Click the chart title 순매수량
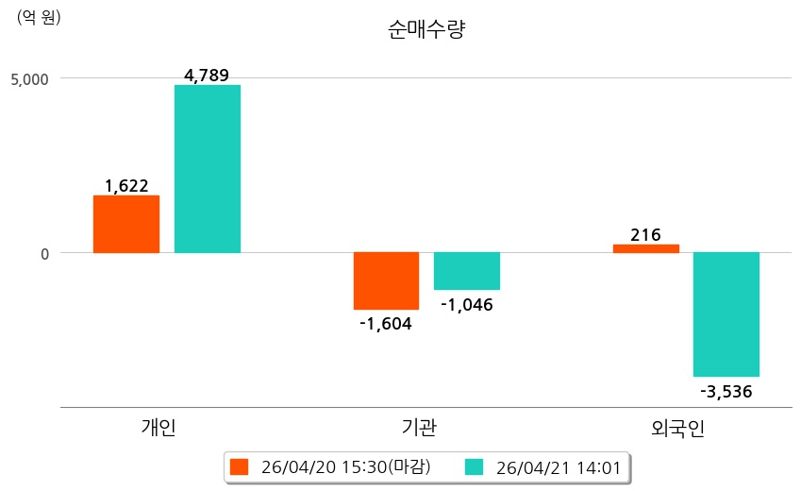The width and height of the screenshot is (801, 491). tap(426, 29)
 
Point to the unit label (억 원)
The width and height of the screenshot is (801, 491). tap(39, 16)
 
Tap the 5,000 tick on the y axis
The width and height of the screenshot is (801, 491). tap(29, 78)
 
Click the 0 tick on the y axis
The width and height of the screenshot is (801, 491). tap(42, 253)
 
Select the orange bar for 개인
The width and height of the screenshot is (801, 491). tap(126, 224)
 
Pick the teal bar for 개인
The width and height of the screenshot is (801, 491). tap(208, 169)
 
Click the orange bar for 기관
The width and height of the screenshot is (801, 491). tap(386, 280)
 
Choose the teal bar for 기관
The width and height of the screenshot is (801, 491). tap(467, 271)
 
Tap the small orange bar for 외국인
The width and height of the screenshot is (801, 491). tap(646, 248)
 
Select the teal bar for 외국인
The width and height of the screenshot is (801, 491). tap(726, 314)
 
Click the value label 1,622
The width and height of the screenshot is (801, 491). tap(126, 186)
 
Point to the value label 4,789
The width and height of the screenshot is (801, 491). tap(208, 76)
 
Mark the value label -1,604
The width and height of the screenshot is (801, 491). tap(386, 323)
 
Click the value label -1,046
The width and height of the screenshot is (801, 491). tap(467, 304)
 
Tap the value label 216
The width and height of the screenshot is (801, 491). tap(646, 235)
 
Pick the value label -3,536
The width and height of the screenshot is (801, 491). tap(726, 391)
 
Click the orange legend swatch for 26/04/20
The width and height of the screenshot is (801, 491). tap(240, 467)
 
